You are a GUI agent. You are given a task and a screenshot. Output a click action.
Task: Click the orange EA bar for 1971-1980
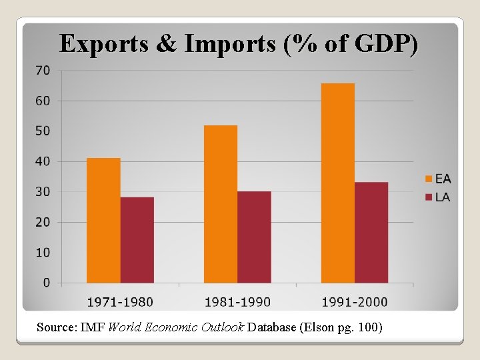coord(103,220)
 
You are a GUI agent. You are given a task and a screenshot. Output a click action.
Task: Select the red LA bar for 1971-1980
coord(137,240)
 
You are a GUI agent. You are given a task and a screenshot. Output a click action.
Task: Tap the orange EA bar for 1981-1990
coord(221,204)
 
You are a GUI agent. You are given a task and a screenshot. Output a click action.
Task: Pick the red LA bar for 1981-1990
coord(254,237)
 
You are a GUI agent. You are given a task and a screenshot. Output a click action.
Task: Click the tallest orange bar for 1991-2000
coord(337,183)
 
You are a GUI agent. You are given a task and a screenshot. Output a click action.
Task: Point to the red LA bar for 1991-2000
coord(371,232)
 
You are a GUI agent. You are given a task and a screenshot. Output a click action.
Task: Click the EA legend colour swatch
coord(429,178)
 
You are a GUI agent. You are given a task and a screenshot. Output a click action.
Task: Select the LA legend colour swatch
coord(429,197)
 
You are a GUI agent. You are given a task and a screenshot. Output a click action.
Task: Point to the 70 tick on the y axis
coord(43,70)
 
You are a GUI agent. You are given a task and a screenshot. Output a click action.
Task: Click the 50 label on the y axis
coord(43,131)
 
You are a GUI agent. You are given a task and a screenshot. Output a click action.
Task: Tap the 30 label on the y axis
coord(43,191)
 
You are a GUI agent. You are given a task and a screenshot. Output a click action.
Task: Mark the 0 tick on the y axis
coord(46,283)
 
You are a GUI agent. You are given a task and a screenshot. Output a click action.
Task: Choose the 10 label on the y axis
coord(43,252)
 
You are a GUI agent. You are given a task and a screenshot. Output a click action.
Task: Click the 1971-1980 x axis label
coord(120,302)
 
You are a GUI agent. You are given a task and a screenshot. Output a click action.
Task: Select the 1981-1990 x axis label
coord(237,302)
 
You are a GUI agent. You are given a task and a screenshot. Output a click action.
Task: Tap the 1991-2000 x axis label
coord(355,302)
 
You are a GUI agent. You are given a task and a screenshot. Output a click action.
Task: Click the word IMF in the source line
coord(92,327)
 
